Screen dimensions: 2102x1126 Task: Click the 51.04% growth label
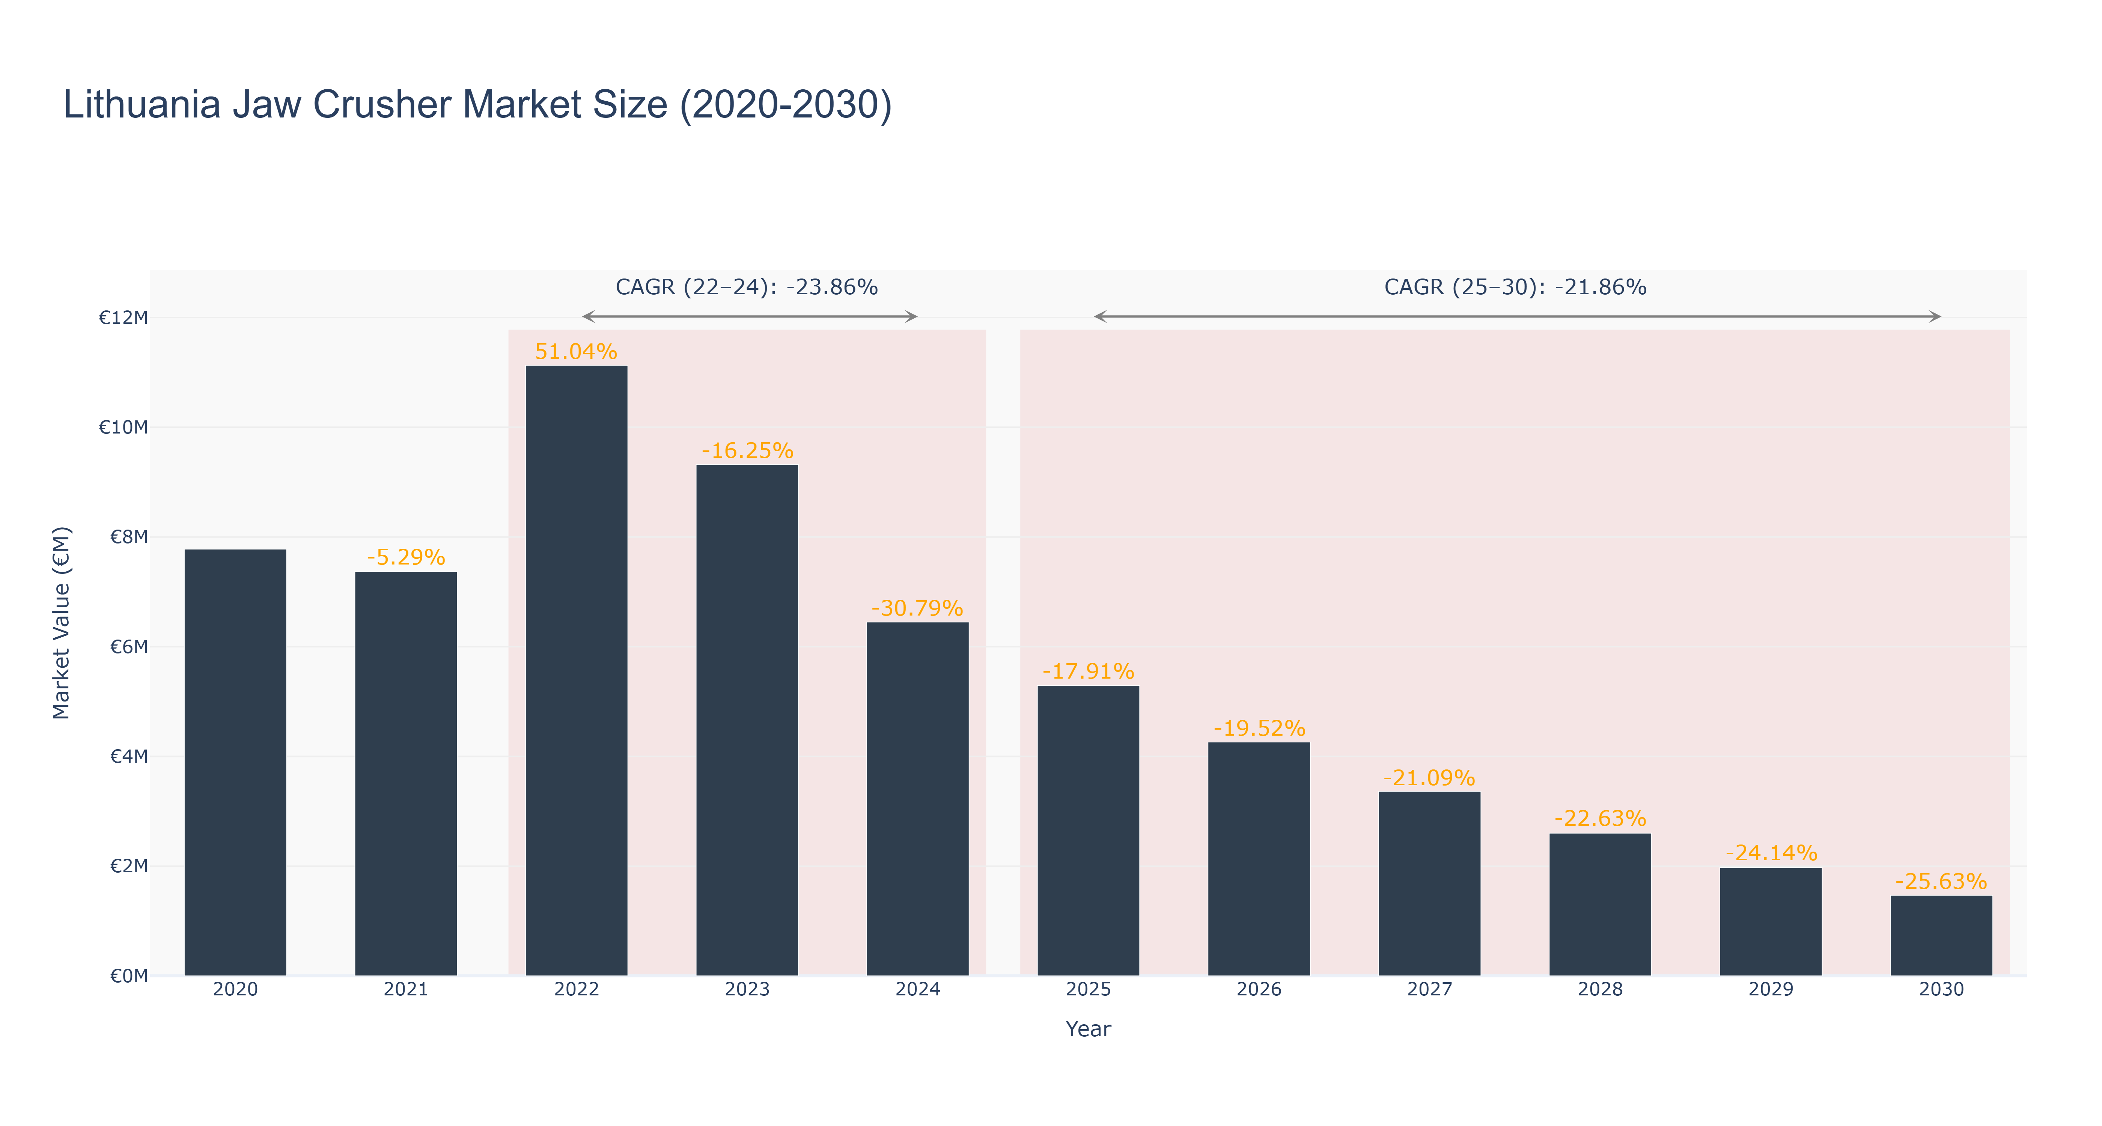(x=576, y=352)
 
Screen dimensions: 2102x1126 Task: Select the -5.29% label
(x=405, y=557)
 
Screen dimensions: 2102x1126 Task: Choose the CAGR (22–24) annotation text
(x=747, y=287)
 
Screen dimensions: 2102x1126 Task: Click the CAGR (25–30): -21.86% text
(x=1515, y=287)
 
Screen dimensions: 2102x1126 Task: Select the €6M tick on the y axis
(x=129, y=647)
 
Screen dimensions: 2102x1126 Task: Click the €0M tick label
(x=129, y=976)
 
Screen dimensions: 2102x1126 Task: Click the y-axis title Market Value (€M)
(x=61, y=623)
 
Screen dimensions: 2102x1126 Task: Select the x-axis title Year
(x=1089, y=1029)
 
